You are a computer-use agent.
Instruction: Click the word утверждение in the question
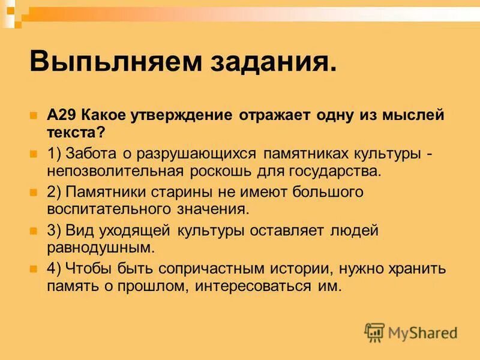point(172,115)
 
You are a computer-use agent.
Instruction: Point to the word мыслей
point(413,115)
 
